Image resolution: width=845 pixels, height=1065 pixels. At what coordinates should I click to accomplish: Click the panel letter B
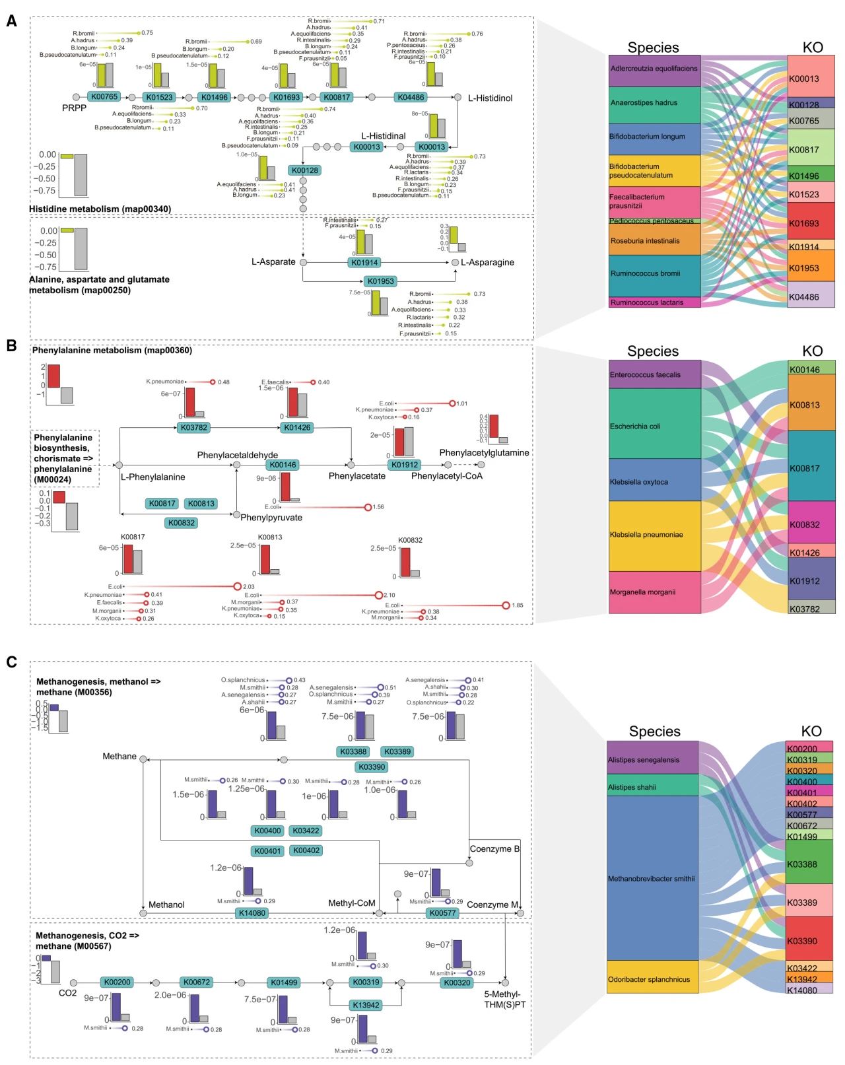point(11,345)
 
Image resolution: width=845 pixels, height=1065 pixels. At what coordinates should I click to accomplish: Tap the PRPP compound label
point(74,108)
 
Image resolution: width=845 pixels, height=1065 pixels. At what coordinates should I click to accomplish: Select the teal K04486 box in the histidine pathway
point(410,97)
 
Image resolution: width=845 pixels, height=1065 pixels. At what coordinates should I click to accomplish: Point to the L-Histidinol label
point(490,98)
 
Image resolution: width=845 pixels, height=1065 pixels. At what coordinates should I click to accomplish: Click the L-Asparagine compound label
point(487,262)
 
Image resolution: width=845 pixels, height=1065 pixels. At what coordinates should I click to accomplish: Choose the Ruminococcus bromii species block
point(654,273)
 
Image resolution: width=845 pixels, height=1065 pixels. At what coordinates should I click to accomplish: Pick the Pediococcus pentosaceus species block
point(654,221)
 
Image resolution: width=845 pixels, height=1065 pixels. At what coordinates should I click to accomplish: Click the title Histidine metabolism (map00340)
point(100,209)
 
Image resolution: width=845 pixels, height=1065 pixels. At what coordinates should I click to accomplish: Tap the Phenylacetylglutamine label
point(484,452)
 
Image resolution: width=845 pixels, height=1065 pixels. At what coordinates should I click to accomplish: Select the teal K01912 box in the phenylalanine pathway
point(405,465)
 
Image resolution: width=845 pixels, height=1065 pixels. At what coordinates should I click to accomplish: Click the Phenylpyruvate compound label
point(271,518)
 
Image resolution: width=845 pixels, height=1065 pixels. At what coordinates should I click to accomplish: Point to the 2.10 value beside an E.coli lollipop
point(389,595)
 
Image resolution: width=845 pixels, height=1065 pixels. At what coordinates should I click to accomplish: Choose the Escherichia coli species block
point(654,426)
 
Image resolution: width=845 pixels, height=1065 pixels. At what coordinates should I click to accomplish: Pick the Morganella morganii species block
point(654,592)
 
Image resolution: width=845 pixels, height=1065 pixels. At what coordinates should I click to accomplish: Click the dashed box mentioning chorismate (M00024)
point(65,458)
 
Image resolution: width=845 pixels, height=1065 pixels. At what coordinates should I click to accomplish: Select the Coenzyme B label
point(494,849)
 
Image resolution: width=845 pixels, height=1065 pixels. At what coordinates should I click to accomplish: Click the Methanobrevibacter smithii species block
point(652,878)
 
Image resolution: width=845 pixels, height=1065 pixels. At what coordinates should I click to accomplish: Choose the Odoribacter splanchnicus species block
point(652,979)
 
